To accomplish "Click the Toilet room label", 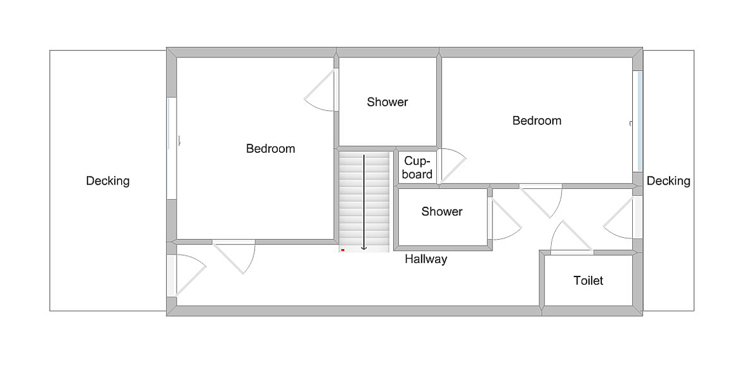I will [x=588, y=281].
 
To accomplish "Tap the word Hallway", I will [x=426, y=260].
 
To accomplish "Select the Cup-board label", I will [x=418, y=168].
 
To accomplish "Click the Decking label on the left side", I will [x=108, y=181].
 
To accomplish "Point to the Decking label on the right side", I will [x=668, y=181].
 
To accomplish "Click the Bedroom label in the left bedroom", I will [x=271, y=149].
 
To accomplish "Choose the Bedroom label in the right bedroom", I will [x=537, y=121].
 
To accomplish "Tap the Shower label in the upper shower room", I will [x=387, y=102].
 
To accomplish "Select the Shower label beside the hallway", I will [x=442, y=211].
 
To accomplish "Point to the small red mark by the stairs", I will [x=343, y=249].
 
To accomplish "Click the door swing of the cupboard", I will [x=451, y=166].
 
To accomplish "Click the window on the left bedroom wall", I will [x=172, y=148].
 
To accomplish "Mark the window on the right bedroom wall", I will [x=639, y=121].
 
